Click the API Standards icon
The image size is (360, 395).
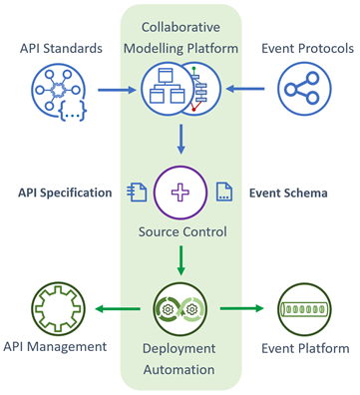click(62, 92)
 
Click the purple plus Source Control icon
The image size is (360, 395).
click(180, 193)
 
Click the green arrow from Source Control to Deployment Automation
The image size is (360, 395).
click(180, 259)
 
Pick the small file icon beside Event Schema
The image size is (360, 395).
click(226, 193)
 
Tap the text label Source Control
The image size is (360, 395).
click(180, 233)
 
